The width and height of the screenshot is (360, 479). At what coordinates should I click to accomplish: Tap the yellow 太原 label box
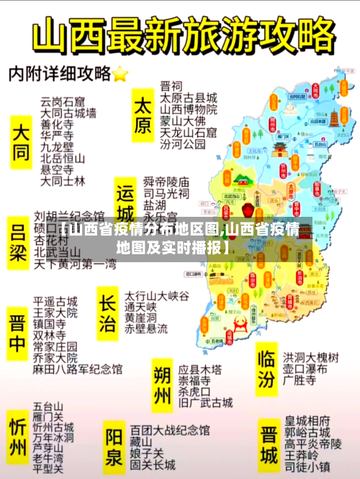[x=143, y=115]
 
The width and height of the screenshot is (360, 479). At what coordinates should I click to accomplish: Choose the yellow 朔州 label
[x=163, y=385]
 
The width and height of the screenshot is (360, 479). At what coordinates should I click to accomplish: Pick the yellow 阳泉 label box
[x=114, y=447]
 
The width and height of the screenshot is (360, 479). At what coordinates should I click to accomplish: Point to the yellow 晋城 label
[x=269, y=444]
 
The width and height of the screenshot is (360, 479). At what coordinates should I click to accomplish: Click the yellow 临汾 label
[x=266, y=367]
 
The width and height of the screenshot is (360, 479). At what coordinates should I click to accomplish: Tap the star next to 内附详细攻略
[x=120, y=73]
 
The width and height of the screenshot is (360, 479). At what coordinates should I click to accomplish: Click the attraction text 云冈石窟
[x=62, y=101]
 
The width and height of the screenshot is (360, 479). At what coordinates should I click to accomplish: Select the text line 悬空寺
[x=57, y=169]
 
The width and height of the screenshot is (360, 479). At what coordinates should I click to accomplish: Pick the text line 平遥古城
[x=55, y=301]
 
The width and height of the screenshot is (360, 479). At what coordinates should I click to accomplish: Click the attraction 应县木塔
[x=199, y=367]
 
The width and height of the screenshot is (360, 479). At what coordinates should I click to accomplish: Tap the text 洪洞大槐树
[x=310, y=357]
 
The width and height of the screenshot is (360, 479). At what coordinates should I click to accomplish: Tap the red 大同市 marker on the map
[x=315, y=94]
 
